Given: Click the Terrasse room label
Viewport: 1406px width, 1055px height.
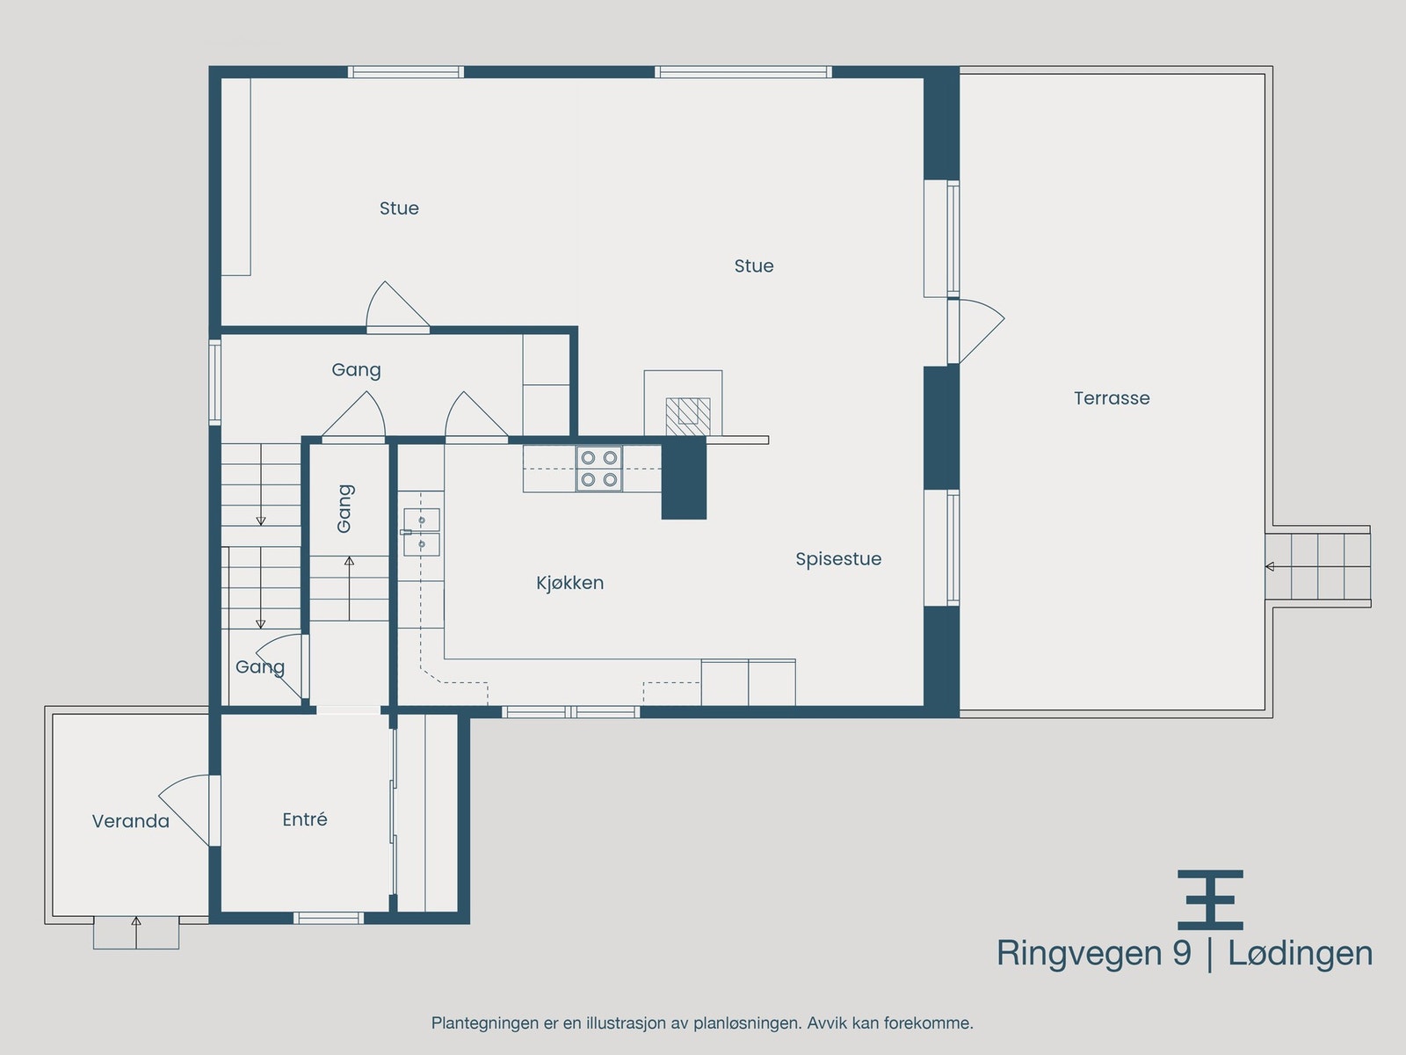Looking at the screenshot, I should click(1112, 398).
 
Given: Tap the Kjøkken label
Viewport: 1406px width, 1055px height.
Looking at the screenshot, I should click(569, 583).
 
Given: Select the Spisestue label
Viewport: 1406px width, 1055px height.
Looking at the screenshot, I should click(838, 559).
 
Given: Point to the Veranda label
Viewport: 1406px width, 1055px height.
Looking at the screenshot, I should click(130, 821).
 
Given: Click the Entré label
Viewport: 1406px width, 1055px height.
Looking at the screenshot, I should click(305, 819).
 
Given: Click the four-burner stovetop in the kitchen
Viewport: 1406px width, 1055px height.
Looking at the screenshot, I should click(598, 469).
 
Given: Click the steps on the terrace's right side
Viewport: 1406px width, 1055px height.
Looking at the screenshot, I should click(1318, 566).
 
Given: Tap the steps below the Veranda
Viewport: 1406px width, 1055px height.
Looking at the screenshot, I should click(136, 933).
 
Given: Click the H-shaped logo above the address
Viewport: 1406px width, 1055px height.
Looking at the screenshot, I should click(1210, 899).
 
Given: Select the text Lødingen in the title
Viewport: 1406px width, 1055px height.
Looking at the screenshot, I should click(1300, 954).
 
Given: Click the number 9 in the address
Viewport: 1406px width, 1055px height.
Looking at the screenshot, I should click(1181, 954).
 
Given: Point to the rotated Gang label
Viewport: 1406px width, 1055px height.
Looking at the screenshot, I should click(344, 508).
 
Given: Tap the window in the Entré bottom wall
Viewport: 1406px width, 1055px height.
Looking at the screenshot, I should click(328, 918).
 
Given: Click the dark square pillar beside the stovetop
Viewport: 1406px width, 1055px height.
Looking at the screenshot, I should click(684, 479).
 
